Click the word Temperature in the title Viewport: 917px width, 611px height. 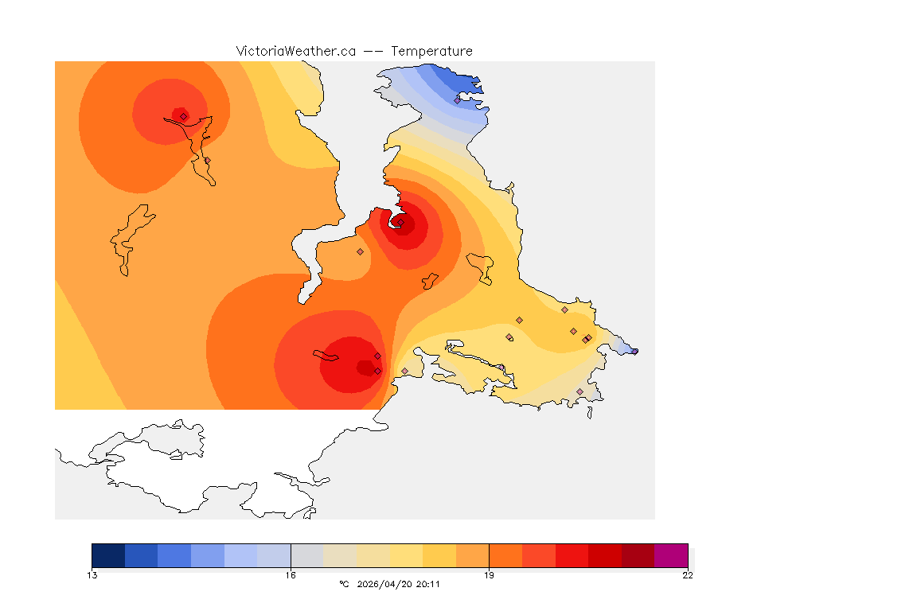431,51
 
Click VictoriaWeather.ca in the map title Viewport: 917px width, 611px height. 295,51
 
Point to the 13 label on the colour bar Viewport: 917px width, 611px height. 92,575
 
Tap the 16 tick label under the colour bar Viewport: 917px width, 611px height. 291,575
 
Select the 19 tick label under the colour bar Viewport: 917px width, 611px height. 489,575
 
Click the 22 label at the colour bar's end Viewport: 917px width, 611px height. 687,575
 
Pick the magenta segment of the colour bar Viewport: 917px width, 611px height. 670,555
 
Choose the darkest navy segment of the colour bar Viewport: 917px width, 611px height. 108,555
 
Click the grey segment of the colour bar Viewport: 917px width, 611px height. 306,555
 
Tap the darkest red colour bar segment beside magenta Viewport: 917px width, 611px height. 638,555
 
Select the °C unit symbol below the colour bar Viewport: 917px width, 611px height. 344,584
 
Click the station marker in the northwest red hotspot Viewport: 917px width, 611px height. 184,116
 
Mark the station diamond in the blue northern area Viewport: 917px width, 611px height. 458,99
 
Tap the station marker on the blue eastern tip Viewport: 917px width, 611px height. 634,351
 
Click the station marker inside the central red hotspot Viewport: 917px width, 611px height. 401,222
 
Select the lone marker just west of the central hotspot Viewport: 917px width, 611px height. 360,251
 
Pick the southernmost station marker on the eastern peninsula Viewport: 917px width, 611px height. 579,391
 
